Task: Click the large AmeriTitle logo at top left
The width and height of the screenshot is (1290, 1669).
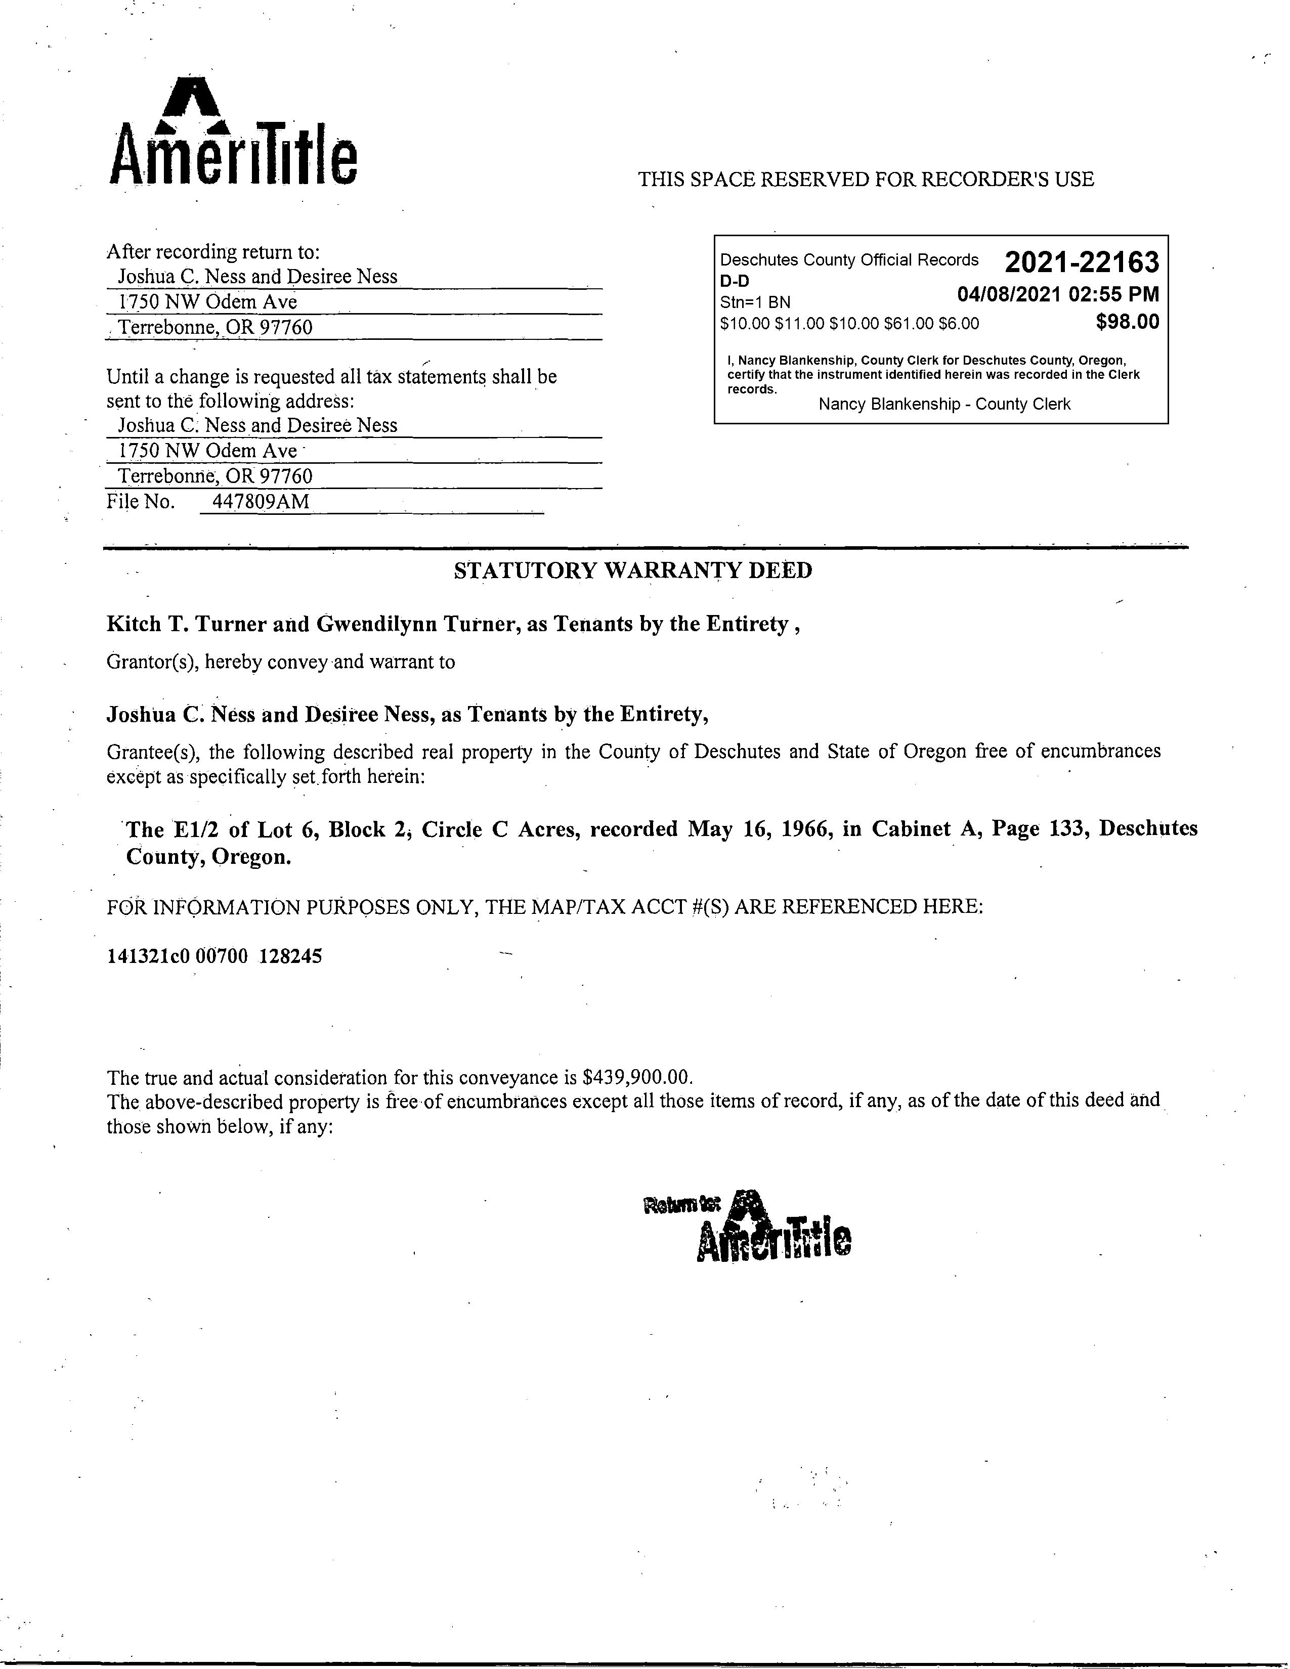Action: (233, 134)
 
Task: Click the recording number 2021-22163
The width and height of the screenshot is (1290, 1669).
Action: (1082, 263)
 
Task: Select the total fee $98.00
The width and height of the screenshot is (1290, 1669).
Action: (1127, 322)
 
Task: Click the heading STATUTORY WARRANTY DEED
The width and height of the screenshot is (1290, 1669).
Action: (633, 571)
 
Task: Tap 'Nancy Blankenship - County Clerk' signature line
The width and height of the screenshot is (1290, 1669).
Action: (944, 404)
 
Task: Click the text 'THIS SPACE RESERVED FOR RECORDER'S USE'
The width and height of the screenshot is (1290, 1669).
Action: (866, 180)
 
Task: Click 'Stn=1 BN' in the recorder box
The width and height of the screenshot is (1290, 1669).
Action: (755, 302)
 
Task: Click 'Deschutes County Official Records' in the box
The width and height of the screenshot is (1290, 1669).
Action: (849, 260)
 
